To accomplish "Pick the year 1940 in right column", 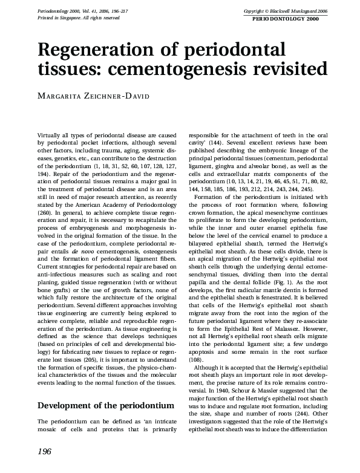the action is coord(220,373).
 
